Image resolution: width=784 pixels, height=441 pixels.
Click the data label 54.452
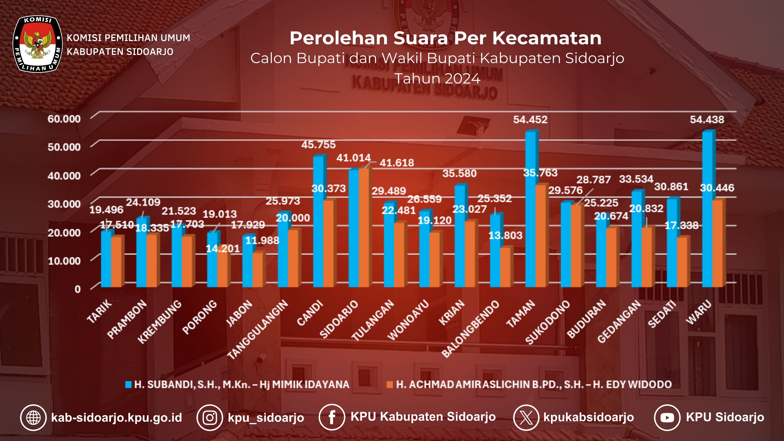530,120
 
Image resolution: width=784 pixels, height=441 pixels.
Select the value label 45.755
318,145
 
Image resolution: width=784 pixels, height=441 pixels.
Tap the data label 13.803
505,235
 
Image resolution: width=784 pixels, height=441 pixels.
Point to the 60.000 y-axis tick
64,119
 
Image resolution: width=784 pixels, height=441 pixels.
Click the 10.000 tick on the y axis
64,261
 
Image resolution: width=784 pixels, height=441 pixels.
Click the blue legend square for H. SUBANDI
128,384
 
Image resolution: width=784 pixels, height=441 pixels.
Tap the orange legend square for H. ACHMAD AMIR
390,384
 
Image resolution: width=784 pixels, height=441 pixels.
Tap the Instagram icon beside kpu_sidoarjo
210,418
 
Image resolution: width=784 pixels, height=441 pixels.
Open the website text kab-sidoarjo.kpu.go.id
117,418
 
